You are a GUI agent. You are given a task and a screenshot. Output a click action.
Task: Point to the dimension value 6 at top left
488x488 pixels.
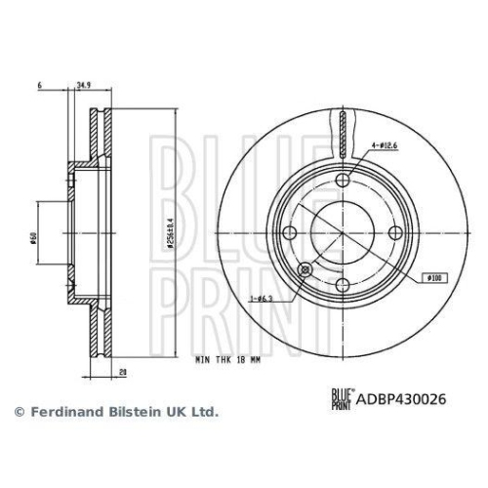point(36,85)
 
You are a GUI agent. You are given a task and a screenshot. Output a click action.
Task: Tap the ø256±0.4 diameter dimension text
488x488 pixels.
point(169,232)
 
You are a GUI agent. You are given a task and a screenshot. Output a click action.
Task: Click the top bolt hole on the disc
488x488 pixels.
point(344,181)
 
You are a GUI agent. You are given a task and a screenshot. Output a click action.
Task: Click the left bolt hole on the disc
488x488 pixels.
point(290,232)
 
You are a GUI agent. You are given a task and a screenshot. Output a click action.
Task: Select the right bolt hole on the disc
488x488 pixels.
point(395,232)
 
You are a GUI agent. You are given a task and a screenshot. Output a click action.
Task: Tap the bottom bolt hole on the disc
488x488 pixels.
point(344,285)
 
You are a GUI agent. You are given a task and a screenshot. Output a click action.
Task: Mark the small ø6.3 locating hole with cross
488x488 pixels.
point(304,269)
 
